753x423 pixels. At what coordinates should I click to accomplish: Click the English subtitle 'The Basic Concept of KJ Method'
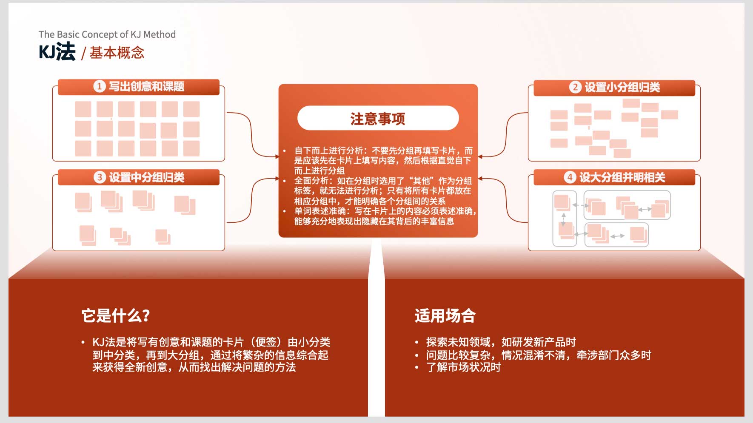[x=107, y=34]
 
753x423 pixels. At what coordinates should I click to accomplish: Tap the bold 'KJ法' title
[x=57, y=52]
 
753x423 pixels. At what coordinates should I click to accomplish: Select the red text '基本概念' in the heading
[x=117, y=53]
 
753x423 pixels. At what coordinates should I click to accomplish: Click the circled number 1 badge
[x=99, y=86]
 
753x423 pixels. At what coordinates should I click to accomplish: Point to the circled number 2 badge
[x=575, y=87]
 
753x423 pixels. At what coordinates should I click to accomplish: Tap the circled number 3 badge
[x=99, y=177]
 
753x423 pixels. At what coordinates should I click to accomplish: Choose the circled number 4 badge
[x=570, y=177]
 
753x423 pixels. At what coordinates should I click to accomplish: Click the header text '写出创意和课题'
[x=146, y=86]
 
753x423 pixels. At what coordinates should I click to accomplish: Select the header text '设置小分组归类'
[x=622, y=87]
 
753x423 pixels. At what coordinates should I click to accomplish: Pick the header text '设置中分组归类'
[x=146, y=177]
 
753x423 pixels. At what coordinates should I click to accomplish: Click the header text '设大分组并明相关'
[x=622, y=177]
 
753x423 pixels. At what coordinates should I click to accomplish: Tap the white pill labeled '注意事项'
[x=378, y=118]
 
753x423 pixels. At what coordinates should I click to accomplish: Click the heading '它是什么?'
[x=116, y=315]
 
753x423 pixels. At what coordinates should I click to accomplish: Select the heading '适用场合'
[x=445, y=315]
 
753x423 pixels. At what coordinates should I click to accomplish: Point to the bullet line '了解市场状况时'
[x=463, y=367]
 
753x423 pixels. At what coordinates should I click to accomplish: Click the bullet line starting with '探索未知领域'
[x=501, y=342]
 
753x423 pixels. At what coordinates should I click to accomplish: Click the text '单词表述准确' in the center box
[x=320, y=211]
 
